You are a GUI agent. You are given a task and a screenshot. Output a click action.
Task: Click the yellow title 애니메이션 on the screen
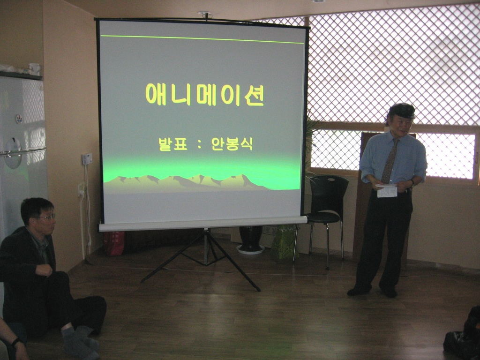[x=204, y=95]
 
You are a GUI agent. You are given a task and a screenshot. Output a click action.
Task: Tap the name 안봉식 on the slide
[x=232, y=144]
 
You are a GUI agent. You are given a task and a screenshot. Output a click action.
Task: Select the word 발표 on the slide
[x=173, y=144]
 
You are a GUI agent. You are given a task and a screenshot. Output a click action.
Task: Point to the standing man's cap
[x=402, y=111]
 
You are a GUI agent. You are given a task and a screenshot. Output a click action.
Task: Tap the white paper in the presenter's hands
[x=387, y=190]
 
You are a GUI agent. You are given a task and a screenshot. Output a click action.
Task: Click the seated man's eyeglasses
[x=47, y=217]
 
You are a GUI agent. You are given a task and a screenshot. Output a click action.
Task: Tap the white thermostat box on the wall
[x=87, y=159]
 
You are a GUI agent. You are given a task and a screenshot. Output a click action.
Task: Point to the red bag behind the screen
[x=114, y=243]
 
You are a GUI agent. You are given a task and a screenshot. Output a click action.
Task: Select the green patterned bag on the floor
[x=284, y=242]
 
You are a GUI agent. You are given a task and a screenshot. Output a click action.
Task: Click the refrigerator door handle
[x=23, y=152]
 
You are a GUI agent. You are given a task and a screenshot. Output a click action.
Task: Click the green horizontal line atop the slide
[x=202, y=39]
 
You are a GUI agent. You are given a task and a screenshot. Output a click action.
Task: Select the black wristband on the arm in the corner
[x=15, y=342]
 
